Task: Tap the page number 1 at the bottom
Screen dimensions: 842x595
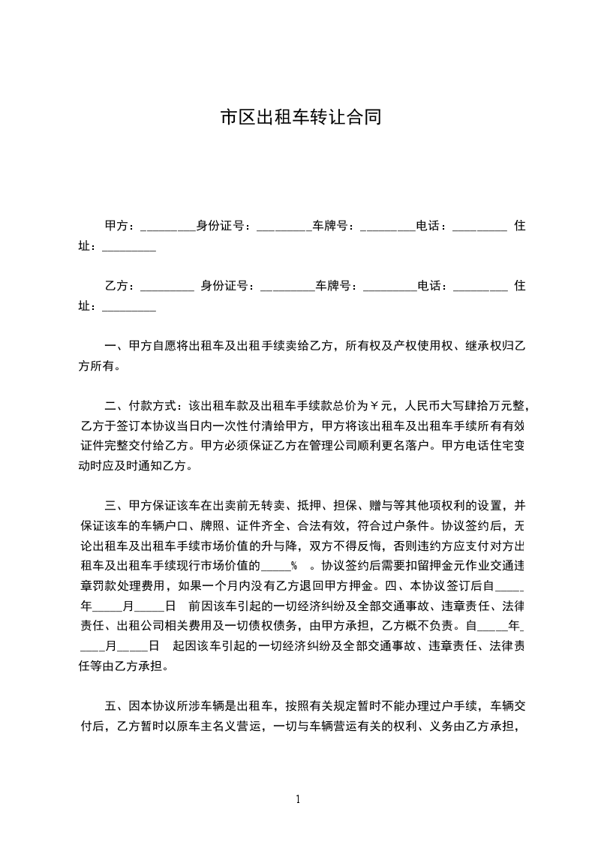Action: click(298, 800)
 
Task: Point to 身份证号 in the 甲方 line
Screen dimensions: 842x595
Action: click(222, 225)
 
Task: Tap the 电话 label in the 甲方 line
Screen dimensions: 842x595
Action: click(431, 225)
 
